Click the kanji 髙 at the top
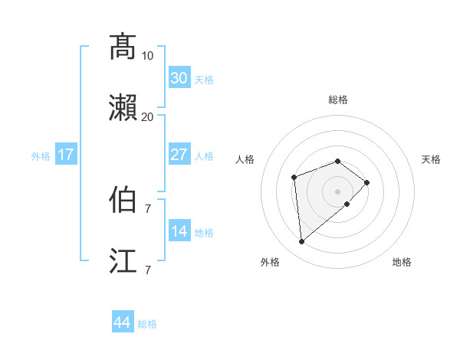click(123, 46)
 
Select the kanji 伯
click(123, 199)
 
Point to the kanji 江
click(123, 260)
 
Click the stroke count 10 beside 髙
click(147, 55)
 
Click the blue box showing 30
click(179, 78)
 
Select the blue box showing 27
click(179, 155)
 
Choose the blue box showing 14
click(179, 231)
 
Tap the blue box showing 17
click(66, 155)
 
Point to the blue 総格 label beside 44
click(148, 324)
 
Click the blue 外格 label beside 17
click(41, 156)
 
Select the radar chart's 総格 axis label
click(338, 100)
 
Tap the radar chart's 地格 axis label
click(402, 263)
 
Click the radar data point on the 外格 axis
click(302, 242)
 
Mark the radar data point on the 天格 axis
click(367, 182)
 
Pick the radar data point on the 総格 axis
click(338, 161)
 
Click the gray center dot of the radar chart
click(338, 191)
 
